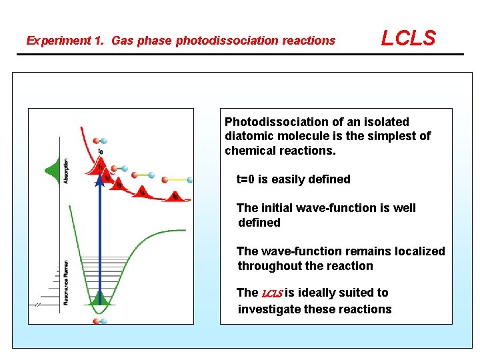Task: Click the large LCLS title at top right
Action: tap(408, 38)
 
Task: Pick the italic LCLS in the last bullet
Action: tap(272, 293)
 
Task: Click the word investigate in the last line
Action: tap(269, 309)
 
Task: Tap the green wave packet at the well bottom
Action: tap(99, 299)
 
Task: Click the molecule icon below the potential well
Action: tap(99, 321)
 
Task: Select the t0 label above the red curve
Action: tap(101, 152)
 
